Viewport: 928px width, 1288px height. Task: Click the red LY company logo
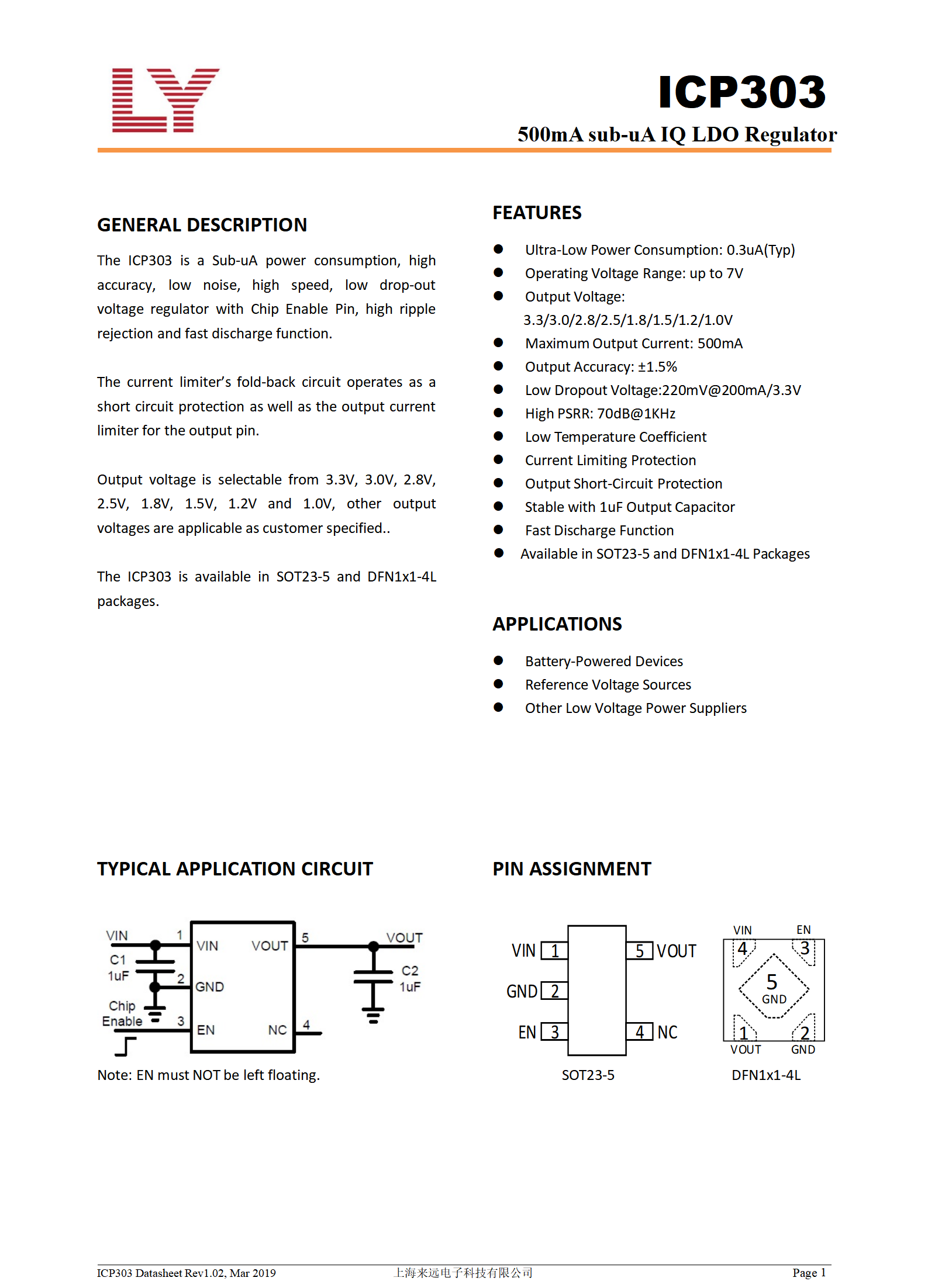pyautogui.click(x=165, y=101)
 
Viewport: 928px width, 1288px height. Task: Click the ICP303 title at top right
pyautogui.click(x=741, y=92)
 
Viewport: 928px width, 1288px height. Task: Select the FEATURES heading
pyautogui.click(x=537, y=213)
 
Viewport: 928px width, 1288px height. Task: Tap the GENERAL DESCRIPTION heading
pyautogui.click(x=202, y=225)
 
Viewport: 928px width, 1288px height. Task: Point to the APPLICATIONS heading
pyautogui.click(x=557, y=624)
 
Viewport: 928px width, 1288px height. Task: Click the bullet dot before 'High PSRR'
pyautogui.click(x=498, y=413)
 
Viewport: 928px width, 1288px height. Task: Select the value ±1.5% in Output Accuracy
pyautogui.click(x=657, y=367)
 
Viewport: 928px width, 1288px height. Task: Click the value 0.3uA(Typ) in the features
pyautogui.click(x=760, y=250)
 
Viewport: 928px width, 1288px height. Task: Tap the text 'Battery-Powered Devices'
pyautogui.click(x=603, y=662)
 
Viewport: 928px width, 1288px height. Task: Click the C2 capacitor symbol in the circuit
pyautogui.click(x=373, y=978)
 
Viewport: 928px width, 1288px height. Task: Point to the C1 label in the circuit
pyautogui.click(x=118, y=960)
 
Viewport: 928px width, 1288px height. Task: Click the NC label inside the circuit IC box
pyautogui.click(x=277, y=1030)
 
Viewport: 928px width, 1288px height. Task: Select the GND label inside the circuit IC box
pyautogui.click(x=209, y=987)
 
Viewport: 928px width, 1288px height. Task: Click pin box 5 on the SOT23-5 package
pyautogui.click(x=640, y=951)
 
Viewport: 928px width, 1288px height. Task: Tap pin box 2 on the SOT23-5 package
pyautogui.click(x=554, y=991)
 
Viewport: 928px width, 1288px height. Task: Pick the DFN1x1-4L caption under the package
pyautogui.click(x=766, y=1075)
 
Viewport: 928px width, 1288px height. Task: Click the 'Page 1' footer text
pyautogui.click(x=809, y=1273)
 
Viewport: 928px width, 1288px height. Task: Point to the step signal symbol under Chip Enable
pyautogui.click(x=126, y=1046)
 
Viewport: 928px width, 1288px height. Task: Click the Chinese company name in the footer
pyautogui.click(x=463, y=1273)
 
